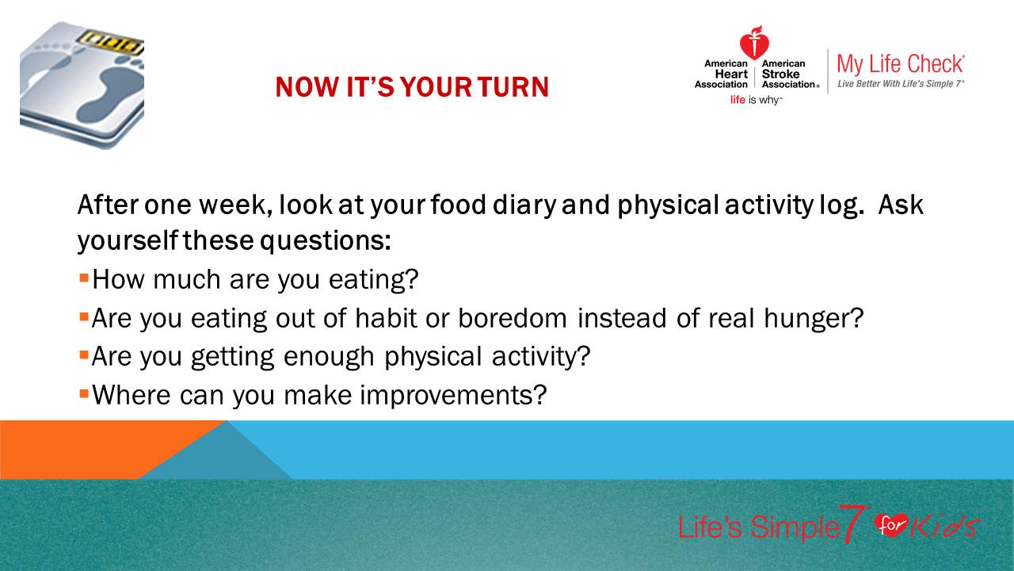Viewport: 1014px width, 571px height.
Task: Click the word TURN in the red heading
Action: [513, 86]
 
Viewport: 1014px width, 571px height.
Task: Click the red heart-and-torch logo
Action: [754, 43]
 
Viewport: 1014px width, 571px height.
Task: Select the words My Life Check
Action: [901, 64]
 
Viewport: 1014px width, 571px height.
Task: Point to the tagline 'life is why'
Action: [756, 100]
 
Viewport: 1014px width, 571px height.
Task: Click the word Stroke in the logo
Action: [780, 74]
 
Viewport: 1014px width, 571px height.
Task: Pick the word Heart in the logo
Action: [731, 74]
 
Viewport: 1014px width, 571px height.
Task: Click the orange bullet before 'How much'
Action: [84, 278]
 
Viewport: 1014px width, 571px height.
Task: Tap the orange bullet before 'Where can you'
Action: [84, 393]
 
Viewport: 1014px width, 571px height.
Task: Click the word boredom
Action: [513, 318]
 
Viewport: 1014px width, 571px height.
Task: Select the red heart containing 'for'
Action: [891, 525]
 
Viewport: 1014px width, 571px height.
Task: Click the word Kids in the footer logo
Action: [943, 527]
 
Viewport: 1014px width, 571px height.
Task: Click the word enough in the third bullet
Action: [329, 358]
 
